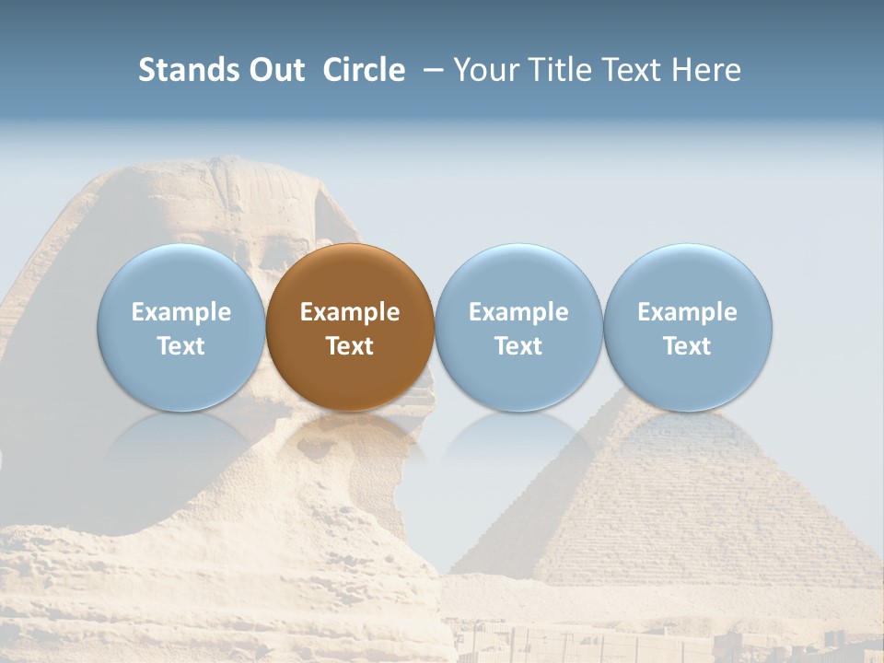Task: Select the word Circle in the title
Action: [x=364, y=70]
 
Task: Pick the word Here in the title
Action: [x=705, y=70]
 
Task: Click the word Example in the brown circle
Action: [x=350, y=312]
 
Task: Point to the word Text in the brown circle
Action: [x=350, y=346]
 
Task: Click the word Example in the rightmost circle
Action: [x=688, y=312]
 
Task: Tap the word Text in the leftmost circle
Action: [x=180, y=346]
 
